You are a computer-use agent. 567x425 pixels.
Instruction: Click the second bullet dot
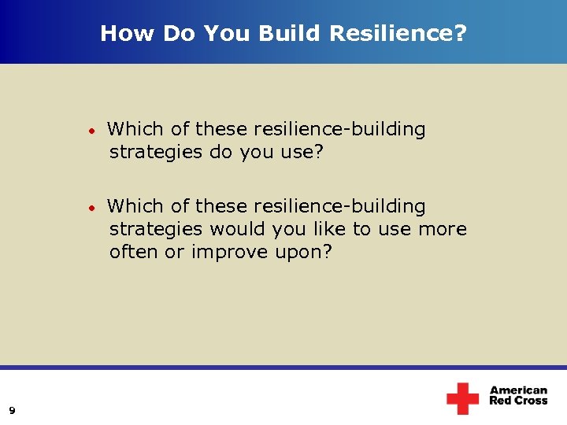point(92,208)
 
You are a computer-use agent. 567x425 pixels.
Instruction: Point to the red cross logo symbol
point(462,398)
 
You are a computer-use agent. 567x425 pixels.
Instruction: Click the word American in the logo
point(518,390)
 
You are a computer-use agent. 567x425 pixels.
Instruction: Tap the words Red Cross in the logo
point(518,401)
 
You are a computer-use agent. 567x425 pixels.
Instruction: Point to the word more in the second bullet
point(443,230)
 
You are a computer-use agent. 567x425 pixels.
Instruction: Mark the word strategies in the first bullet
point(156,152)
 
